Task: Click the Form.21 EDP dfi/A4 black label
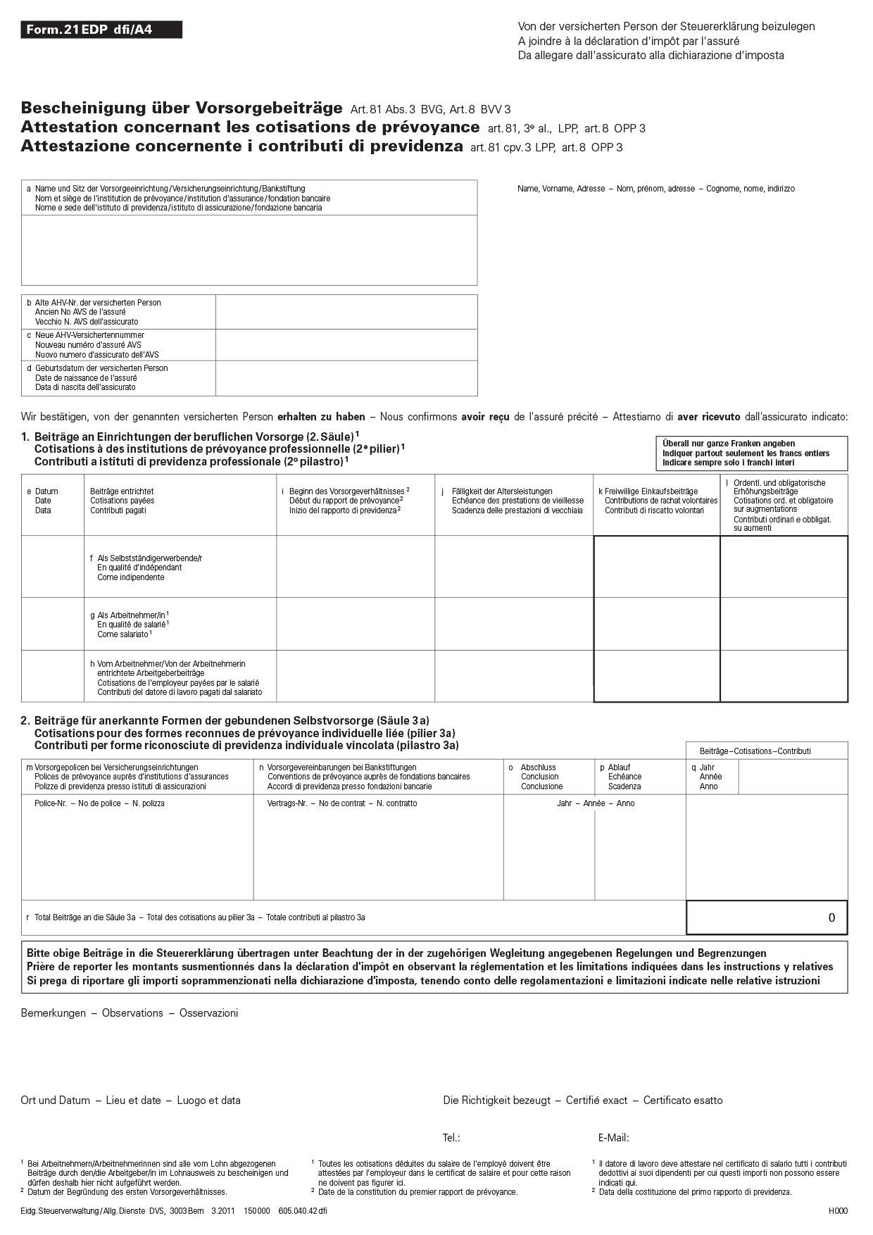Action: (x=101, y=30)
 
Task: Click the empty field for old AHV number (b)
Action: (x=346, y=312)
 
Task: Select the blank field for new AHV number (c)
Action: (x=346, y=345)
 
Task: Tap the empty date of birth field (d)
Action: (x=346, y=378)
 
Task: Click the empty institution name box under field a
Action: (x=249, y=250)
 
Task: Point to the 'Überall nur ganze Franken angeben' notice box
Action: (x=751, y=453)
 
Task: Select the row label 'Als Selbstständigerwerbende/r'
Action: (x=149, y=558)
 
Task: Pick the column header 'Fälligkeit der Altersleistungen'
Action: (x=502, y=491)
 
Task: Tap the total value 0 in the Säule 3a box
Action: (x=831, y=917)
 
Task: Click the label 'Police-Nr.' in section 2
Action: (x=50, y=803)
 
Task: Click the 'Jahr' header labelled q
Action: (x=707, y=767)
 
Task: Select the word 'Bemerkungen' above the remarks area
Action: (x=54, y=1013)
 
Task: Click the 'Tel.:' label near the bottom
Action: (x=451, y=1138)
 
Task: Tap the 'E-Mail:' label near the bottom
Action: (x=613, y=1138)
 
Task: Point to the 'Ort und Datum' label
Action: (x=56, y=1101)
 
